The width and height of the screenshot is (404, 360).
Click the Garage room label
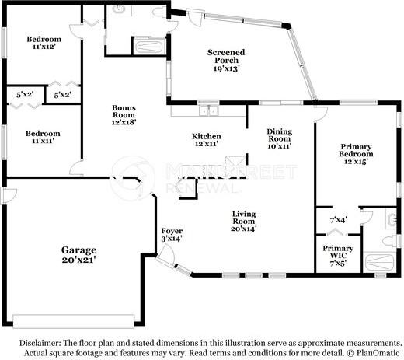click(x=78, y=250)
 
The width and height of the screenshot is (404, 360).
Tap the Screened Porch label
click(x=226, y=56)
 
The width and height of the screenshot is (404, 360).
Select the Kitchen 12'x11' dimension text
click(x=207, y=144)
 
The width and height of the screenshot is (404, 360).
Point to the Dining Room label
click(x=280, y=135)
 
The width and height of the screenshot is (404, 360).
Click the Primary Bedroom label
click(x=356, y=150)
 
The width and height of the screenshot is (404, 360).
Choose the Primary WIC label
click(x=338, y=252)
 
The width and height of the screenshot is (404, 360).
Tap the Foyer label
click(x=172, y=231)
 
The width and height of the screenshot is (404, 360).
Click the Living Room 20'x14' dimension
click(x=244, y=229)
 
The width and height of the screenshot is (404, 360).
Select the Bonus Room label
click(x=124, y=111)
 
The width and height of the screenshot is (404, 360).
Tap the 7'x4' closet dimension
click(x=339, y=220)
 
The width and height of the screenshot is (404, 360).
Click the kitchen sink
click(x=208, y=110)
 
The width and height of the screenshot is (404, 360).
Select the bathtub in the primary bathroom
click(x=379, y=262)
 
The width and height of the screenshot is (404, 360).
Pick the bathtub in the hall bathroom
click(x=149, y=47)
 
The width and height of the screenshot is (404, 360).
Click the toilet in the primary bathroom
click(x=391, y=241)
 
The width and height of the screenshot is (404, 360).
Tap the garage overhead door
click(x=74, y=321)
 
